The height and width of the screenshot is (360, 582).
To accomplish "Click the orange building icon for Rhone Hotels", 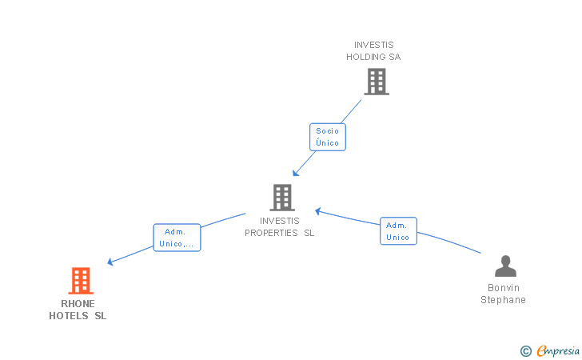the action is pyautogui.click(x=81, y=281).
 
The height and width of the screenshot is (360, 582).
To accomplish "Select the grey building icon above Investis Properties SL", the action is pyautogui.click(x=282, y=198).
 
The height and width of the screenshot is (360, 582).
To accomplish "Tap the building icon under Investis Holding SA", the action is pyautogui.click(x=377, y=82).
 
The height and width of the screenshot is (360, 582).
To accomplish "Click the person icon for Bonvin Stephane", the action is pyautogui.click(x=505, y=266).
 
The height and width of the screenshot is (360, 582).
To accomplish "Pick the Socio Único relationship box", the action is pyautogui.click(x=328, y=137).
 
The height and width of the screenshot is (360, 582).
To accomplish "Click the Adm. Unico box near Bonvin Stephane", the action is pyautogui.click(x=398, y=231).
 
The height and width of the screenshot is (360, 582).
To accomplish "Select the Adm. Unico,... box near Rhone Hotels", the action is pyautogui.click(x=177, y=238).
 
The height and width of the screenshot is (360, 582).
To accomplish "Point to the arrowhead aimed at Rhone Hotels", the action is pyautogui.click(x=110, y=262).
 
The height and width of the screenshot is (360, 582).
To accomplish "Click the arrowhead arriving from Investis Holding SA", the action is pyautogui.click(x=296, y=173).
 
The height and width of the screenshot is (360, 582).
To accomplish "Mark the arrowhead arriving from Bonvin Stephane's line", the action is pyautogui.click(x=318, y=211).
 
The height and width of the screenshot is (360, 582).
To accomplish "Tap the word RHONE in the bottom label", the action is pyautogui.click(x=78, y=304).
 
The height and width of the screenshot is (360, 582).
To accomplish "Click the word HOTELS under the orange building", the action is pyautogui.click(x=69, y=316).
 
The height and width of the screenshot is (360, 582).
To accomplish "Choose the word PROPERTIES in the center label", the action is pyautogui.click(x=271, y=233).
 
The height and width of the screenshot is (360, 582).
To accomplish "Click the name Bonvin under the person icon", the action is pyautogui.click(x=504, y=288).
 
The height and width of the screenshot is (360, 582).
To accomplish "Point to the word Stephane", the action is pyautogui.click(x=503, y=300).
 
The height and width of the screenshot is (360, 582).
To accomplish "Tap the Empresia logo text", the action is pyautogui.click(x=558, y=350).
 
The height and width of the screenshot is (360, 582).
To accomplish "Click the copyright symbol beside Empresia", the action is pyautogui.click(x=526, y=351).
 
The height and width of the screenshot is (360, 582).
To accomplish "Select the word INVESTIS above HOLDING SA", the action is pyautogui.click(x=374, y=45).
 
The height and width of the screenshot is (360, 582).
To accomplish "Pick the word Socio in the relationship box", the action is pyautogui.click(x=328, y=131).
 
